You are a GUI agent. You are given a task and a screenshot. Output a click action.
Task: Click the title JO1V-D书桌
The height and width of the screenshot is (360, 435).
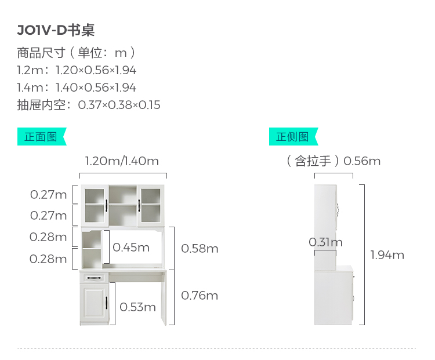(56, 30)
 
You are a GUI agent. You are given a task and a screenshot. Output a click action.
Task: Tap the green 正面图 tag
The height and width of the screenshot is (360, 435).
(41, 137)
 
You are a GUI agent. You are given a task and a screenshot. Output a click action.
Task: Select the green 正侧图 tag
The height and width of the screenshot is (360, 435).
(292, 137)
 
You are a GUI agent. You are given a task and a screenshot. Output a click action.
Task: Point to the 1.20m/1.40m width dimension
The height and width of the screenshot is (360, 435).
(122, 161)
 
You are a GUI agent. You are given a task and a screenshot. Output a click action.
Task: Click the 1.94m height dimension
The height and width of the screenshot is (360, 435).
(387, 255)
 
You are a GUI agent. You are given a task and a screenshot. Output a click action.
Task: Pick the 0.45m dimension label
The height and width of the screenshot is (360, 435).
(131, 248)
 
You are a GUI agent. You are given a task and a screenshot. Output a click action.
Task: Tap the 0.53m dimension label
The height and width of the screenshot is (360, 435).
(138, 307)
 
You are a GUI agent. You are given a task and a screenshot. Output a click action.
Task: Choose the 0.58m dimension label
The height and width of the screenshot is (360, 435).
(200, 249)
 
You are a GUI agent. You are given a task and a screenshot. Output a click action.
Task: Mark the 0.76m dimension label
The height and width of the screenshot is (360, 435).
(200, 296)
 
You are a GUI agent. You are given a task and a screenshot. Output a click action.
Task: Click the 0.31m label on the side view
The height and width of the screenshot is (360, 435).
(325, 242)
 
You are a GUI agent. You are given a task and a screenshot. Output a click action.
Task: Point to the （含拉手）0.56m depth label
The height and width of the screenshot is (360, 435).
(333, 161)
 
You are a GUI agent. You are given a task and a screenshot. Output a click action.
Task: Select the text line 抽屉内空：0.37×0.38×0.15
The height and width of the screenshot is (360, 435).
(89, 105)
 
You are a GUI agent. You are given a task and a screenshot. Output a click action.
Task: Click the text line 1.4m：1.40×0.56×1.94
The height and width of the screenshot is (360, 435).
(77, 88)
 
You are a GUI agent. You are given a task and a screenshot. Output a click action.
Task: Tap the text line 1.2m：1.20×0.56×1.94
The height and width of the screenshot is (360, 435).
(77, 70)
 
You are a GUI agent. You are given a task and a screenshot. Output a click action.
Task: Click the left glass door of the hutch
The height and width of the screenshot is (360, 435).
(94, 206)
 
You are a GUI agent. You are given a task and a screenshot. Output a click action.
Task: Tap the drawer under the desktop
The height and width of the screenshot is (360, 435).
(95, 277)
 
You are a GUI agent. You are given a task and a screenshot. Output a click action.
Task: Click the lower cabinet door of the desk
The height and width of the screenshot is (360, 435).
(95, 304)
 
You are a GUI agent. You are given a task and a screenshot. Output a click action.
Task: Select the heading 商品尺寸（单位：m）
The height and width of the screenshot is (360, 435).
(77, 53)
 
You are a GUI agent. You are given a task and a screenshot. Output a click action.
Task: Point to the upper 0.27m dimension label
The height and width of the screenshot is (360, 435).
(49, 194)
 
